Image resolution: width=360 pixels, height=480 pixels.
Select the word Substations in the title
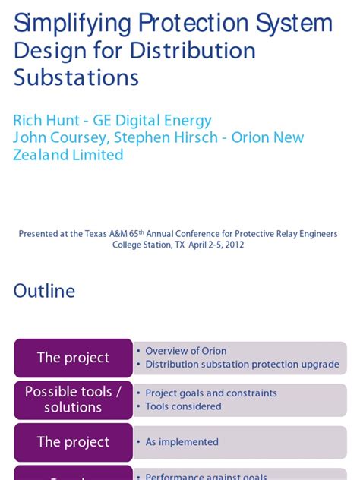point(76,77)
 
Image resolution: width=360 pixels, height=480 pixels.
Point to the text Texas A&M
point(113,234)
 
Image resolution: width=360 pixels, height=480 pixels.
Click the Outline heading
point(44,291)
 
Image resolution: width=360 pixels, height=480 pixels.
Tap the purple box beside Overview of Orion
point(73,358)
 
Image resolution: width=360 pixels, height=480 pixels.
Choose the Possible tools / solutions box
point(73,399)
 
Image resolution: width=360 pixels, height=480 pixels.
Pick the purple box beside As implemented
point(73,442)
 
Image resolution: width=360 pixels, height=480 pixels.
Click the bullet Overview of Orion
point(185,351)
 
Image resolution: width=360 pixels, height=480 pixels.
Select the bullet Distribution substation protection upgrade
point(242,365)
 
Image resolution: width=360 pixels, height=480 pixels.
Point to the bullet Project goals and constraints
point(210,393)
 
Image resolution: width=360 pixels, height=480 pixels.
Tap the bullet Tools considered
point(183,406)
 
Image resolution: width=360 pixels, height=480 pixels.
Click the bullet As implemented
point(182,442)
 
